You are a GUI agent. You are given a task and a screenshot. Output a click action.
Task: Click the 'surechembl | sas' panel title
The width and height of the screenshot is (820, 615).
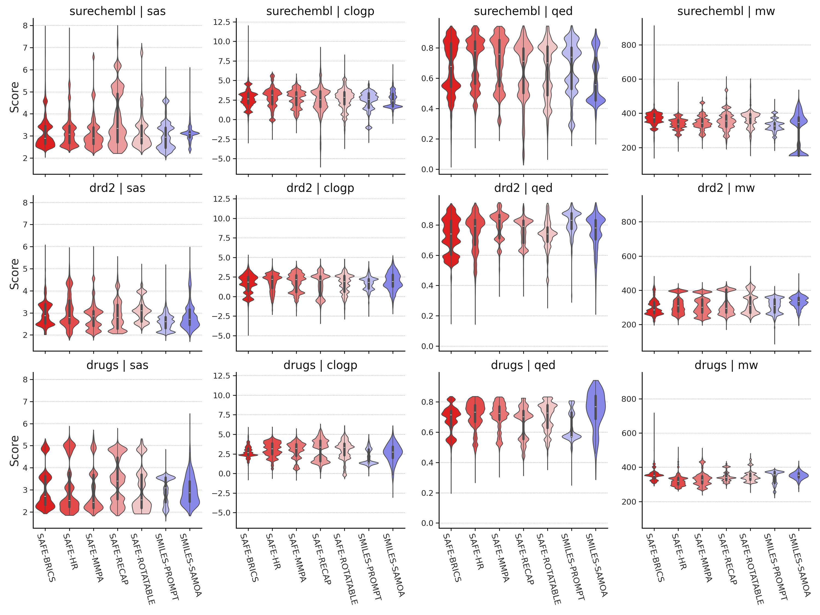(118, 11)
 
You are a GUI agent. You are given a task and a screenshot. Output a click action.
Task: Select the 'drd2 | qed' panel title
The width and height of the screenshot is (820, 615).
(523, 188)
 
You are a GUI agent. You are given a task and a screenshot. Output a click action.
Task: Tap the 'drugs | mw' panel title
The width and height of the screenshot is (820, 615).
(726, 365)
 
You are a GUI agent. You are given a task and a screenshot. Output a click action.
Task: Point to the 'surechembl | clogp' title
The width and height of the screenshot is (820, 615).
(320, 11)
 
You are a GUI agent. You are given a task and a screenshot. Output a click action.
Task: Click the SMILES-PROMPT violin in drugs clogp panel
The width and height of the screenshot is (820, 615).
(368, 460)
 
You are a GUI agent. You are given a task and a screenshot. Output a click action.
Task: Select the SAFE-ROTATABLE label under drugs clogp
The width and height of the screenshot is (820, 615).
(346, 569)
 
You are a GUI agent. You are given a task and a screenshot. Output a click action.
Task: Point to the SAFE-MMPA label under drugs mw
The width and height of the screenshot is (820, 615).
(703, 558)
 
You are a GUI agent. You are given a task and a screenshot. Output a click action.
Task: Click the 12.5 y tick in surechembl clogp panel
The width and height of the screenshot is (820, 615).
(221, 22)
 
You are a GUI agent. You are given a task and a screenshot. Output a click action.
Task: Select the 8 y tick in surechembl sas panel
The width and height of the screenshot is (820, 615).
(25, 26)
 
